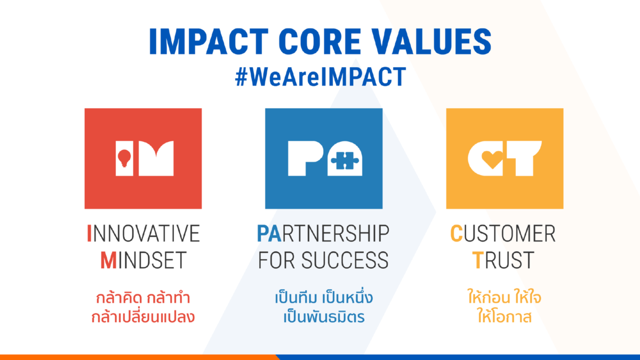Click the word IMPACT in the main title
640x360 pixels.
point(209,42)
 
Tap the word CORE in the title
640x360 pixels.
point(319,42)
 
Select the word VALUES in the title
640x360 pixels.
point(431,42)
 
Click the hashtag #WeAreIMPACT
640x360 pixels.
point(321,77)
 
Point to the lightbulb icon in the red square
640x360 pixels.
point(124,158)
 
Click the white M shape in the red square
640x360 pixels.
point(156,158)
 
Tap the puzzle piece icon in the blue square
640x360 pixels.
point(345,161)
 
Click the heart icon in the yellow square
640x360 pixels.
point(492,159)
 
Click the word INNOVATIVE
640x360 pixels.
point(143,234)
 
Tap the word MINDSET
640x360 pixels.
point(143,260)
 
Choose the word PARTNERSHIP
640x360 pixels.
point(323,234)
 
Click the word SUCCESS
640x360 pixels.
point(345,260)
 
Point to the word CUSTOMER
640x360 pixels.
point(503,234)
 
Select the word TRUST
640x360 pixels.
point(503,260)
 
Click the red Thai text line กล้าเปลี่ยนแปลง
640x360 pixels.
point(143,317)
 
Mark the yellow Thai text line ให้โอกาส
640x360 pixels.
point(505,317)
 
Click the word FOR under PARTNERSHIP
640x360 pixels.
point(276,260)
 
